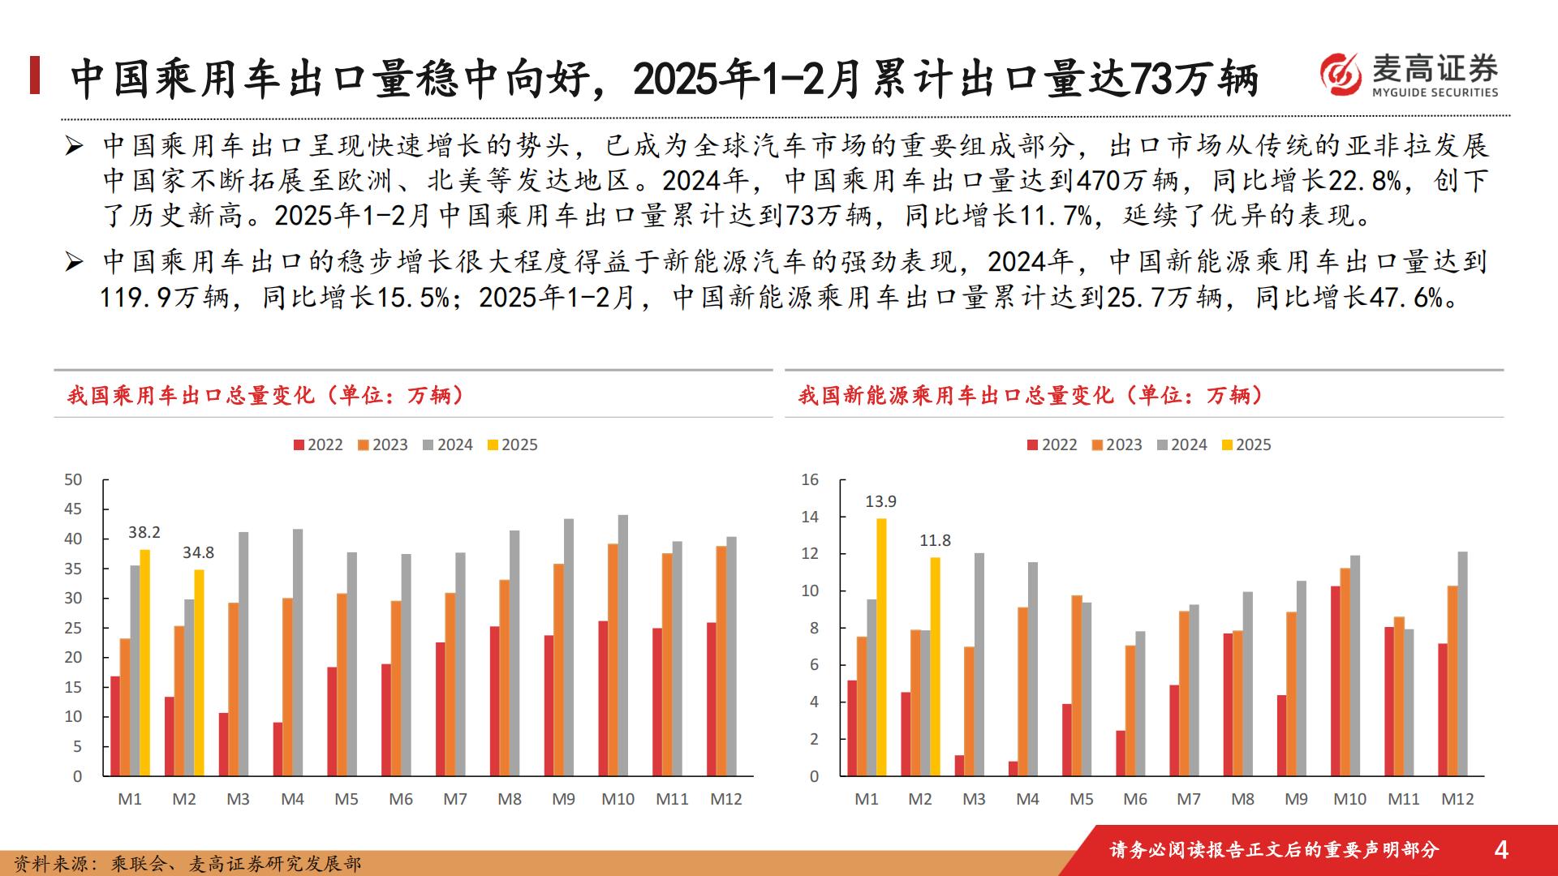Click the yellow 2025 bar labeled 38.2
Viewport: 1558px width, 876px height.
point(145,662)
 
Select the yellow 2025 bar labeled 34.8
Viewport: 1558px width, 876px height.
point(199,672)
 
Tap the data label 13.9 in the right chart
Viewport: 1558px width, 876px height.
point(880,501)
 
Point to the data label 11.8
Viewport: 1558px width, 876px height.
point(935,540)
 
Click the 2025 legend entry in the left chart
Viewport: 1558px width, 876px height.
point(512,444)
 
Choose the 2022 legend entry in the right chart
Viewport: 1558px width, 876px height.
point(1052,444)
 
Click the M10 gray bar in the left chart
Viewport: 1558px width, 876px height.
point(623,645)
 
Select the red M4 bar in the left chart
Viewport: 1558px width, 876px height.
point(278,749)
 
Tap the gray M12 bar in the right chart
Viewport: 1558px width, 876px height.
point(1462,663)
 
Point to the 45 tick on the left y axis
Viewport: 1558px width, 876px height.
point(73,509)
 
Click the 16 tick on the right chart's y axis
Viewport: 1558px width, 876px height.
point(810,479)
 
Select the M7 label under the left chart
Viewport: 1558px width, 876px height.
point(454,799)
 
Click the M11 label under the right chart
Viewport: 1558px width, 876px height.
point(1403,799)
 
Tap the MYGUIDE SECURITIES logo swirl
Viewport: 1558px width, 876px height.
point(1341,75)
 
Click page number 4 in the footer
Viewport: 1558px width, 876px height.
point(1501,849)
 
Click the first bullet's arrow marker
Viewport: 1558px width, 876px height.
point(75,147)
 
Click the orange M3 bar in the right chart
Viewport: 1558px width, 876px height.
point(969,711)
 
